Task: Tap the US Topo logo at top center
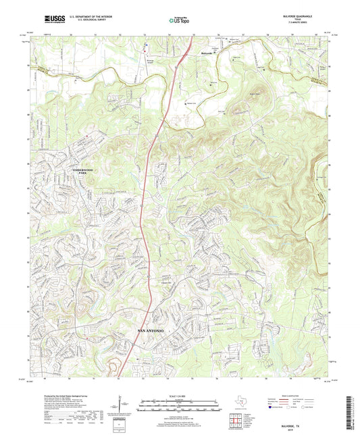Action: [x=178, y=20]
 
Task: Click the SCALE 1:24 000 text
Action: [x=179, y=395]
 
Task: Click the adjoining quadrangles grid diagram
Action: [x=234, y=421]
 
